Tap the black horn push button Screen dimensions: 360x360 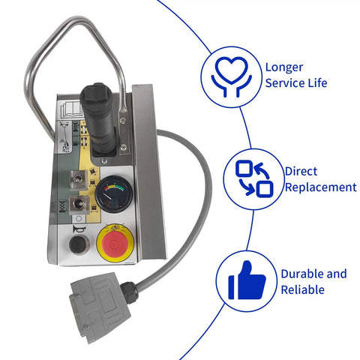tap(78, 244)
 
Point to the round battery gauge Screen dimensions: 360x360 tap(114, 194)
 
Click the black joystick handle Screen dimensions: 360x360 tap(98, 115)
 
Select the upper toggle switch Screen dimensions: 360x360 tap(79, 179)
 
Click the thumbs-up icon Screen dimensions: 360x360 tap(247, 280)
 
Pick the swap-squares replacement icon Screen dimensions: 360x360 tap(254, 178)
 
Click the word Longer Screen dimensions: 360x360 tap(284, 67)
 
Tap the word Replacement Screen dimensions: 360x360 tap(321, 187)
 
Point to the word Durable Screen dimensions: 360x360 tap(301, 274)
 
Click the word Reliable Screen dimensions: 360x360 tap(302, 289)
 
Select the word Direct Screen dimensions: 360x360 tap(301, 172)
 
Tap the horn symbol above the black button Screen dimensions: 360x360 tap(79, 229)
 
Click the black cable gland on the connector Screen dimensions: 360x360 tap(129, 292)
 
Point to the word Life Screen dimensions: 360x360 tap(317, 83)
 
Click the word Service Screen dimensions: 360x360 tap(285, 83)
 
